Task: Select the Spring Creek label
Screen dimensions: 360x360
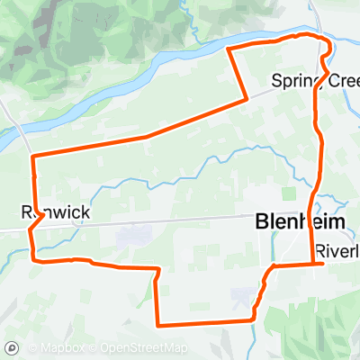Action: click(x=316, y=81)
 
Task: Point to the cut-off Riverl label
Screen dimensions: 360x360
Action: click(x=337, y=249)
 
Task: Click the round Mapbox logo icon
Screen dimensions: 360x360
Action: click(x=13, y=347)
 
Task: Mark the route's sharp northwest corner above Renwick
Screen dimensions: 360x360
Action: click(x=33, y=157)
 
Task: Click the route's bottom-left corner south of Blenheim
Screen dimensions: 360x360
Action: click(x=158, y=324)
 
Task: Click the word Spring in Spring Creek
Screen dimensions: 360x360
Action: click(x=293, y=81)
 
